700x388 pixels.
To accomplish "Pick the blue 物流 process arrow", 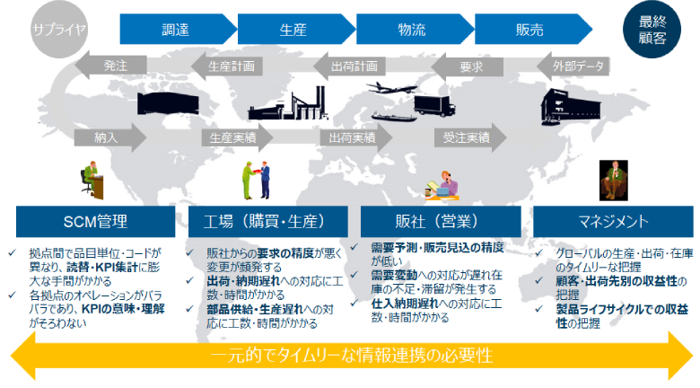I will [x=412, y=29].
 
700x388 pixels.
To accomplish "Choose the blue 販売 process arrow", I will [x=529, y=29].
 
